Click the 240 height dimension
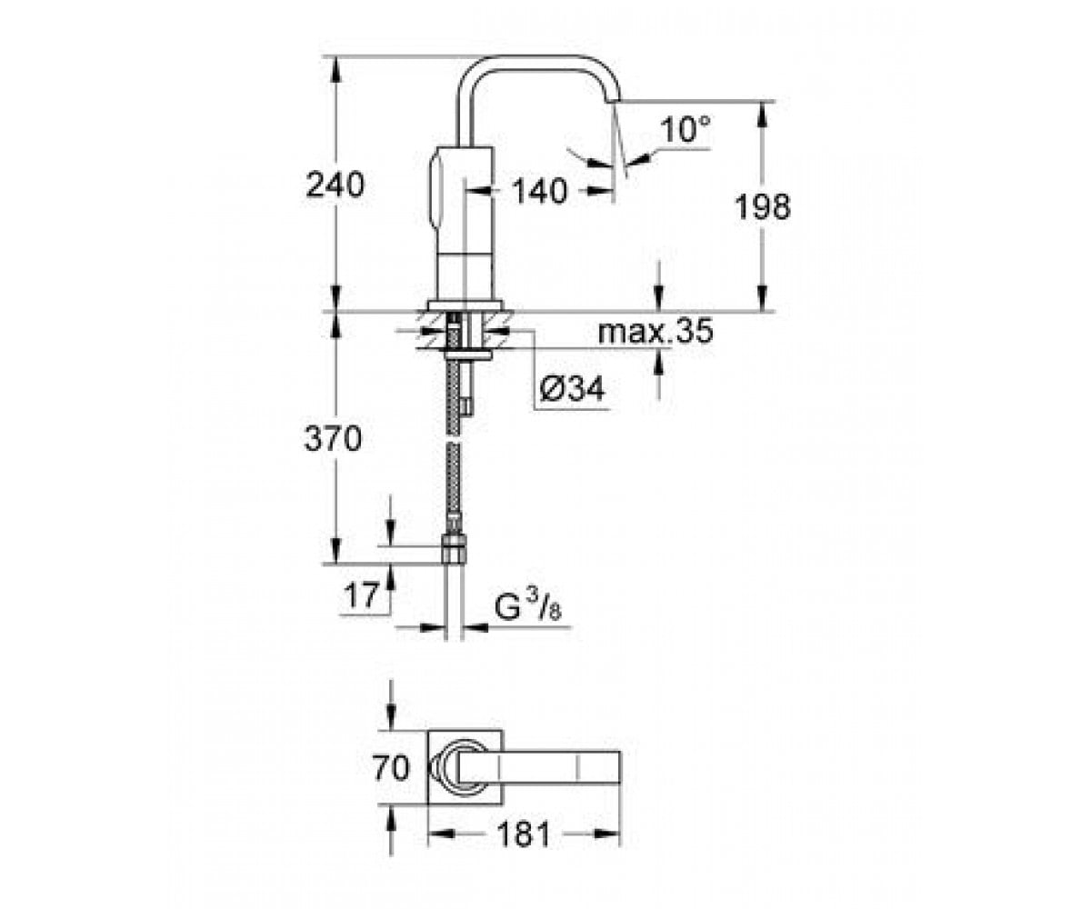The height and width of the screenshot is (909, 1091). click(335, 185)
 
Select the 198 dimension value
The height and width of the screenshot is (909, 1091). click(763, 207)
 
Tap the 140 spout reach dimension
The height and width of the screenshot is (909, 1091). click(539, 191)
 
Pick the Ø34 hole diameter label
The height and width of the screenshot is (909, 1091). click(572, 388)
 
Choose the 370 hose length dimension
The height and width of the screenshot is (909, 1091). click(333, 438)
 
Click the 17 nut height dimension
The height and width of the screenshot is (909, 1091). click(361, 595)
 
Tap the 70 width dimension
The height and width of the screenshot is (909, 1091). click(391, 768)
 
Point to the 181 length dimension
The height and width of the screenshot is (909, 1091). click(524, 834)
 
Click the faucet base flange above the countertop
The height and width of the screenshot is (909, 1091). click(465, 305)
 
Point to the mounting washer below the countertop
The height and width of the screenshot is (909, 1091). click(467, 355)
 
